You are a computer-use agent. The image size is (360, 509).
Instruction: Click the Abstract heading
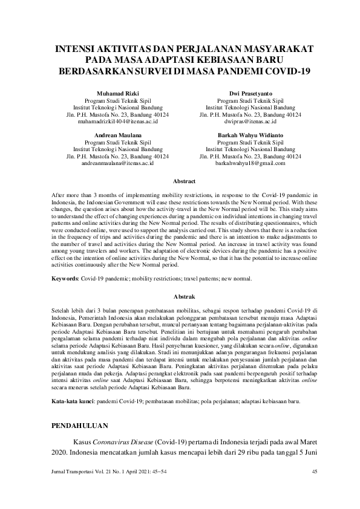coord(184,181)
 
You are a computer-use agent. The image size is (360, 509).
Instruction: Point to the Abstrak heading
coord(184,297)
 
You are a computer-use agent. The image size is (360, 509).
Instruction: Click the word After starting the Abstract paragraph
coord(58,196)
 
